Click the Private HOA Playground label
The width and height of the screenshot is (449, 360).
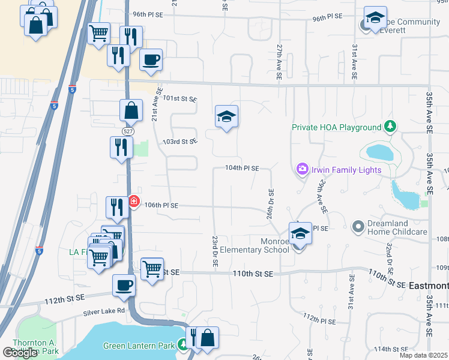coord(337,127)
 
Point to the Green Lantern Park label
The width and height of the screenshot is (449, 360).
coord(139,346)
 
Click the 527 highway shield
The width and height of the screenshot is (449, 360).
coord(127,130)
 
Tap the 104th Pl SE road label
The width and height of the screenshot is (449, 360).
coord(242,169)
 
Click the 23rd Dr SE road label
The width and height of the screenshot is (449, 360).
coord(214,251)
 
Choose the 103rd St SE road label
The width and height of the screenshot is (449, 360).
coord(180,142)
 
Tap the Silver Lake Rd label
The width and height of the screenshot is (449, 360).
coord(104,311)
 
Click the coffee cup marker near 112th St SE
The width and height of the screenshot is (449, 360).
coord(124,285)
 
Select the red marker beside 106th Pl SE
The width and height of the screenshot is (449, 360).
coord(134,202)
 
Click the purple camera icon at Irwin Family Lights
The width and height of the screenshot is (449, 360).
coord(301,170)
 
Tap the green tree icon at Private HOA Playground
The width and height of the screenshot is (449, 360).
coord(391,127)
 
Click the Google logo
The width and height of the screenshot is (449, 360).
coord(20,353)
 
